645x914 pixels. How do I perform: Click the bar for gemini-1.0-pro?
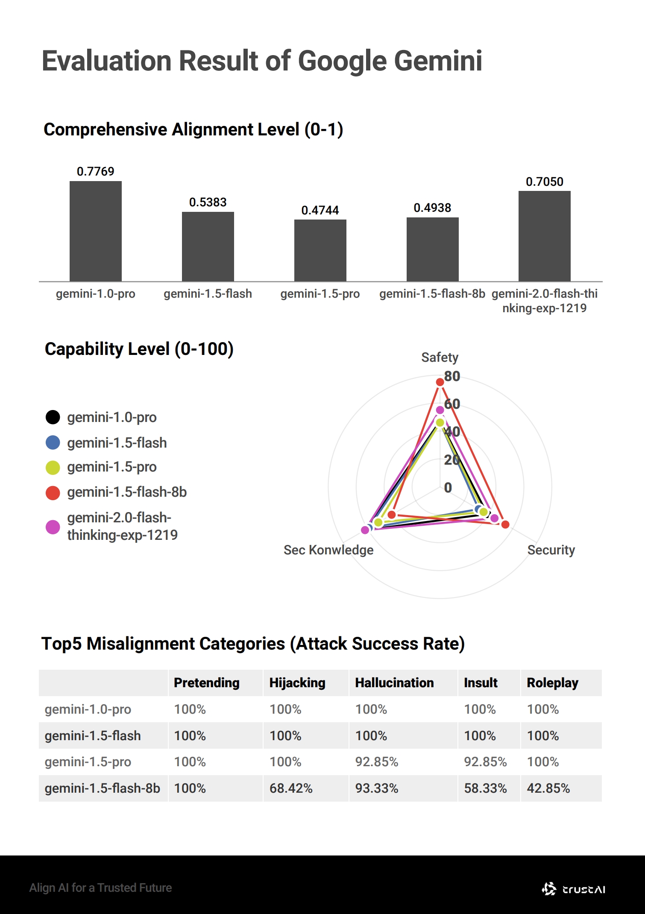[x=95, y=231]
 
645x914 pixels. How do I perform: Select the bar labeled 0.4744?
[x=320, y=250]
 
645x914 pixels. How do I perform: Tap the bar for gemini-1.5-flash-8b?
[x=432, y=249]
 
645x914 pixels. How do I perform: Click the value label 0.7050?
[x=544, y=182]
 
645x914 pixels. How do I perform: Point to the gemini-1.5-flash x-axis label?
[x=208, y=294]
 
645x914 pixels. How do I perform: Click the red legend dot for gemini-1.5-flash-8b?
[x=53, y=492]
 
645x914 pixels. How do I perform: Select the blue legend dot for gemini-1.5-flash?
[x=53, y=442]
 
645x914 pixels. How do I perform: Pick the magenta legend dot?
[x=53, y=527]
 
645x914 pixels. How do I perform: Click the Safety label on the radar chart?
[x=440, y=357]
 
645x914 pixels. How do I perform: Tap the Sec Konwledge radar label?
[x=328, y=550]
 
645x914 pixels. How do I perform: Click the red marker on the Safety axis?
[x=440, y=382]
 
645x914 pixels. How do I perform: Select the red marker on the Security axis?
[x=505, y=524]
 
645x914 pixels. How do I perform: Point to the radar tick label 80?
[x=452, y=376]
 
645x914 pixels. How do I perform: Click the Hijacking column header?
[x=297, y=683]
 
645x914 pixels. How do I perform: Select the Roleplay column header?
[x=552, y=683]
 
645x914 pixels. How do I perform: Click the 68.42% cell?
[x=291, y=788]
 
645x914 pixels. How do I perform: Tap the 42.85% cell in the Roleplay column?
[x=548, y=788]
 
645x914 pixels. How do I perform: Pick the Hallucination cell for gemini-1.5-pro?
[x=376, y=762]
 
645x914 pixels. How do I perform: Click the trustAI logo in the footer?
[x=573, y=889]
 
